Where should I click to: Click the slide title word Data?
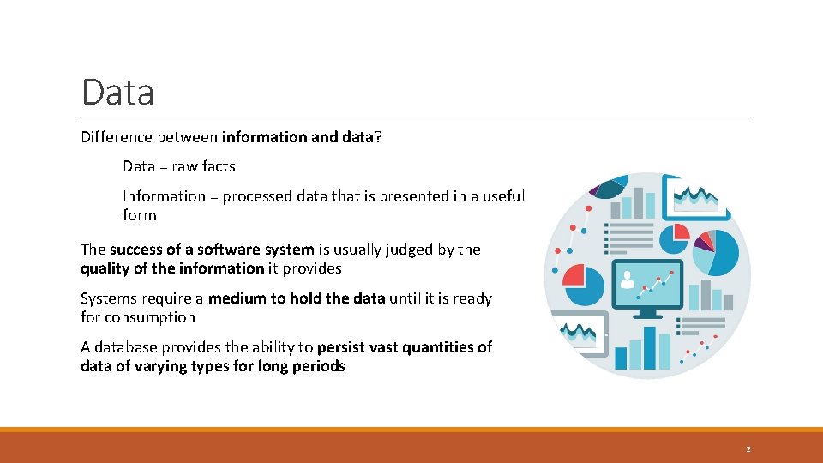[x=117, y=92]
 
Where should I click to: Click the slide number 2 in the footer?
[x=748, y=449]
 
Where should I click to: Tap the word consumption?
[x=150, y=317]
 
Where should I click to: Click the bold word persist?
[x=341, y=347]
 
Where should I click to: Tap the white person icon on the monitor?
[x=628, y=279]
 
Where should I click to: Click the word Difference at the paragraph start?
[x=116, y=137]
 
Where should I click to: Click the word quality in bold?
[x=104, y=268]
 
